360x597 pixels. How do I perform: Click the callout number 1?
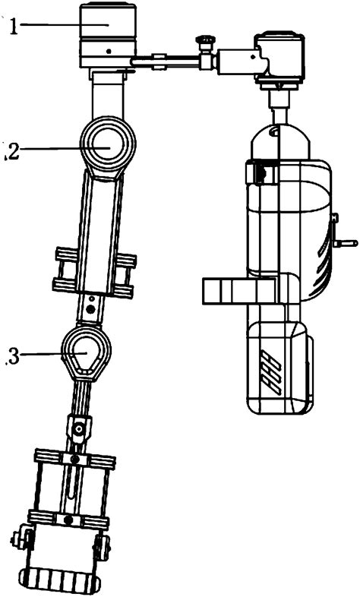click(13, 27)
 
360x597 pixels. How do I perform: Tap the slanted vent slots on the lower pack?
click(269, 372)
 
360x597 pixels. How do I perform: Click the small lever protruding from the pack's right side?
click(346, 244)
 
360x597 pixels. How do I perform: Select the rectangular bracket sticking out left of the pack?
click(228, 290)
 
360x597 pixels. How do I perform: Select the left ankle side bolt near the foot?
click(16, 541)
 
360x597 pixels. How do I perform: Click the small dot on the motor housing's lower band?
click(111, 52)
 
